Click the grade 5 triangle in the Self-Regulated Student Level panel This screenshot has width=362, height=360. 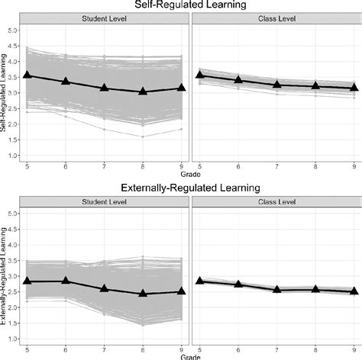click(x=27, y=75)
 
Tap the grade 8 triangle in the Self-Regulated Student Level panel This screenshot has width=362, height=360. click(x=143, y=92)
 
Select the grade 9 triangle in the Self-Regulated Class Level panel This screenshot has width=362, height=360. click(x=352, y=87)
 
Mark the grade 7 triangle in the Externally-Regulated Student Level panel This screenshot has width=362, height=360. click(x=105, y=289)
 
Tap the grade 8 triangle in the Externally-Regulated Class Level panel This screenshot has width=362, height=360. click(x=314, y=289)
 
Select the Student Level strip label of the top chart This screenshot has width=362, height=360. click(x=105, y=18)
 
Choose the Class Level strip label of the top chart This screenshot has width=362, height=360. click(x=275, y=18)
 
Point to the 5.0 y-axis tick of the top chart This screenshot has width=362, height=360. click(x=11, y=30)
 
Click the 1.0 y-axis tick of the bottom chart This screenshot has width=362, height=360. click(x=11, y=339)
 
